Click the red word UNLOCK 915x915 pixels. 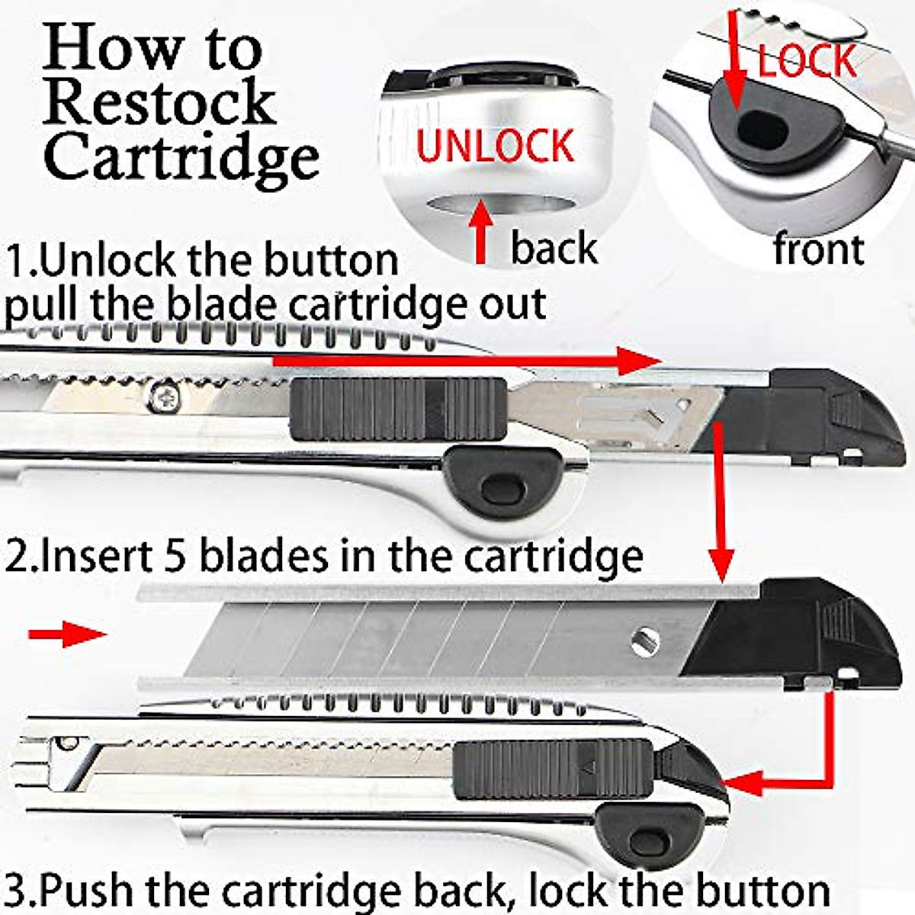(494, 146)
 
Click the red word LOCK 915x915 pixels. (807, 61)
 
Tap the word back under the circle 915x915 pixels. (554, 249)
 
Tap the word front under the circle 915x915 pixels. (818, 249)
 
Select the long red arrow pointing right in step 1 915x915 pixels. (465, 361)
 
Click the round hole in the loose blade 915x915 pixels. (644, 641)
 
